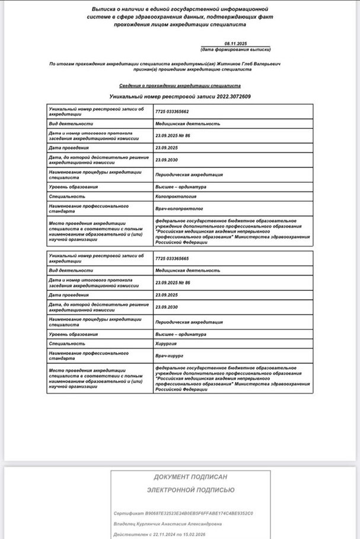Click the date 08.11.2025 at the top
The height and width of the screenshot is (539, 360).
pyautogui.click(x=236, y=45)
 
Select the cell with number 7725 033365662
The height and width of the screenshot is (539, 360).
pyautogui.click(x=172, y=112)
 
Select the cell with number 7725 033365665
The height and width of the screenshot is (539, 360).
pyautogui.click(x=172, y=258)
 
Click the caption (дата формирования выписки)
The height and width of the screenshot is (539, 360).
pyautogui.click(x=235, y=50)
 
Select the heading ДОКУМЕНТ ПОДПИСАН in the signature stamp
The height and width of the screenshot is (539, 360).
pyautogui.click(x=190, y=477)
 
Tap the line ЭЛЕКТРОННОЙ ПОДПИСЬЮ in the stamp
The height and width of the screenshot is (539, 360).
pyautogui.click(x=190, y=490)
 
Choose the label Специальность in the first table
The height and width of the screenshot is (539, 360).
pyautogui.click(x=67, y=195)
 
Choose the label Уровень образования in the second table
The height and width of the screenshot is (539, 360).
pyautogui.click(x=73, y=334)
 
